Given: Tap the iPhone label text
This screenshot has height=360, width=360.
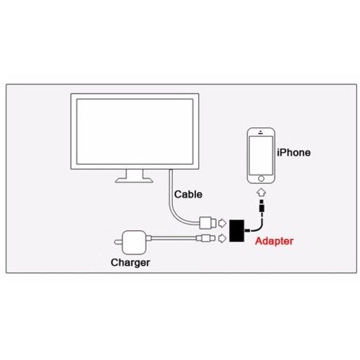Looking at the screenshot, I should coord(293,152).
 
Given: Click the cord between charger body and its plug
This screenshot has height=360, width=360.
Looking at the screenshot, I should coord(175,237).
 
